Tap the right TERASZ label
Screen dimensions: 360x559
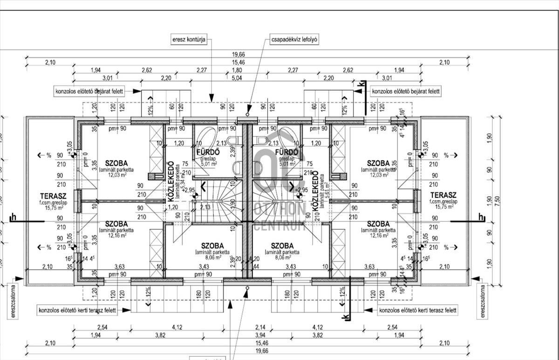443,195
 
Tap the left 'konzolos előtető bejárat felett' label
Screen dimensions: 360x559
89,92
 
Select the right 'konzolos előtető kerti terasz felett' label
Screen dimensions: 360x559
418,310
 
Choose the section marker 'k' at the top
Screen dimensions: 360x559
361,84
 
